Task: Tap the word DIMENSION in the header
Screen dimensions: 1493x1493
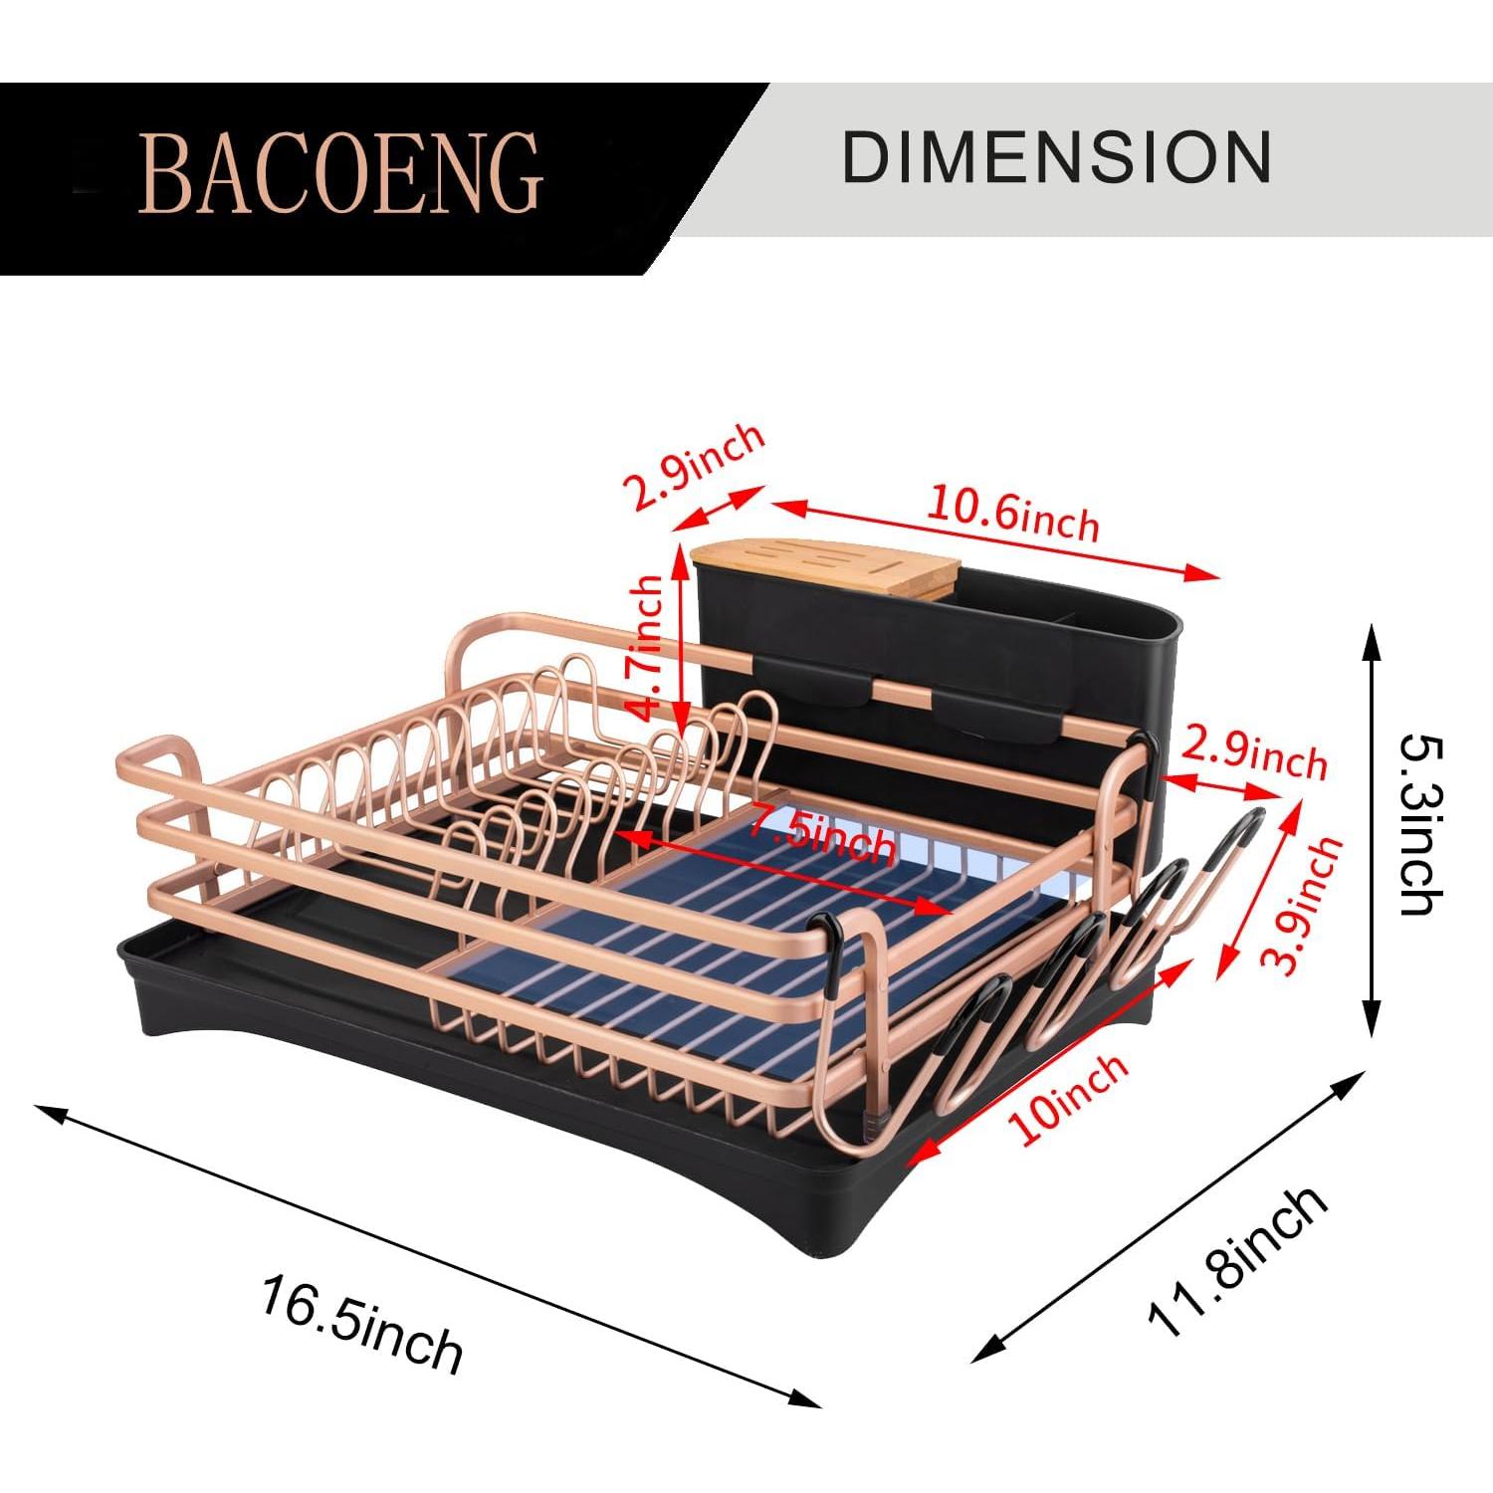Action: [x=1056, y=157]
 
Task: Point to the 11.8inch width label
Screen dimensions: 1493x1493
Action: [x=1237, y=1261]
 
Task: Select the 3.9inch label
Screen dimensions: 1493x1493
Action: [x=1302, y=905]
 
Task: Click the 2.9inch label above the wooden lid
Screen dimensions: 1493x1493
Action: [x=694, y=465]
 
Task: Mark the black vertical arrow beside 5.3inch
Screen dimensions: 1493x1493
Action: [x=1372, y=831]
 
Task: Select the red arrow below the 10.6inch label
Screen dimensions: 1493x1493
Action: [x=995, y=538]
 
